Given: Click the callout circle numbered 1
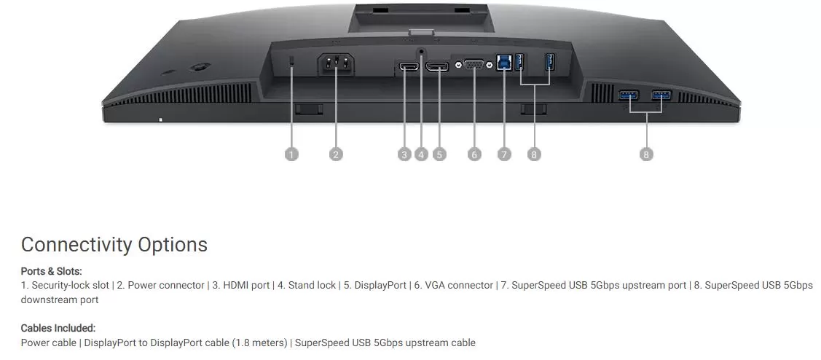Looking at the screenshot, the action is coord(291,154).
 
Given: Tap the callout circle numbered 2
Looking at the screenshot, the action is coord(336,154).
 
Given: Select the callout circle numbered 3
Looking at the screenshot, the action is coord(404,154).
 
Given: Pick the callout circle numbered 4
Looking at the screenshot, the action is coord(422,154).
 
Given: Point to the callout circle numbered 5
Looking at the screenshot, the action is coord(439,154).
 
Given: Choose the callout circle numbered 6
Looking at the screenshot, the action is coord(474,154).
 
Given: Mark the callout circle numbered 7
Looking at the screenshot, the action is coord(504,154).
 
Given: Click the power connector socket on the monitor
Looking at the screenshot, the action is coord(336,64).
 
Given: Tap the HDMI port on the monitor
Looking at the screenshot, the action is coord(409,67).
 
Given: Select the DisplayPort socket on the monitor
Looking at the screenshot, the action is coord(437,67).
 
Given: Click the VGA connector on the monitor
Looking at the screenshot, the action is coord(474,64).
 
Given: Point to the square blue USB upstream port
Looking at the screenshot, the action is coord(504,62).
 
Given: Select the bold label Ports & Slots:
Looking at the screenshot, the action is coord(51,271).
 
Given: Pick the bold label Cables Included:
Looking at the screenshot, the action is coord(58,329).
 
